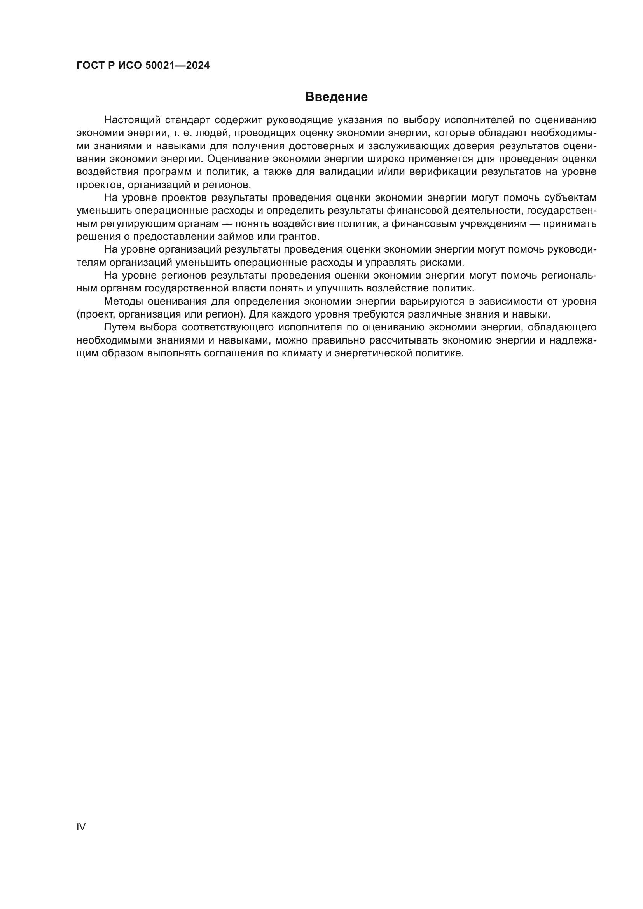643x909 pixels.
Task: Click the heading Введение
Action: (x=336, y=97)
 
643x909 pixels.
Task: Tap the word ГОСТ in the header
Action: (x=90, y=66)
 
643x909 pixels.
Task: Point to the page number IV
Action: (x=81, y=827)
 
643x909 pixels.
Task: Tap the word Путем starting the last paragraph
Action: (x=121, y=327)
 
